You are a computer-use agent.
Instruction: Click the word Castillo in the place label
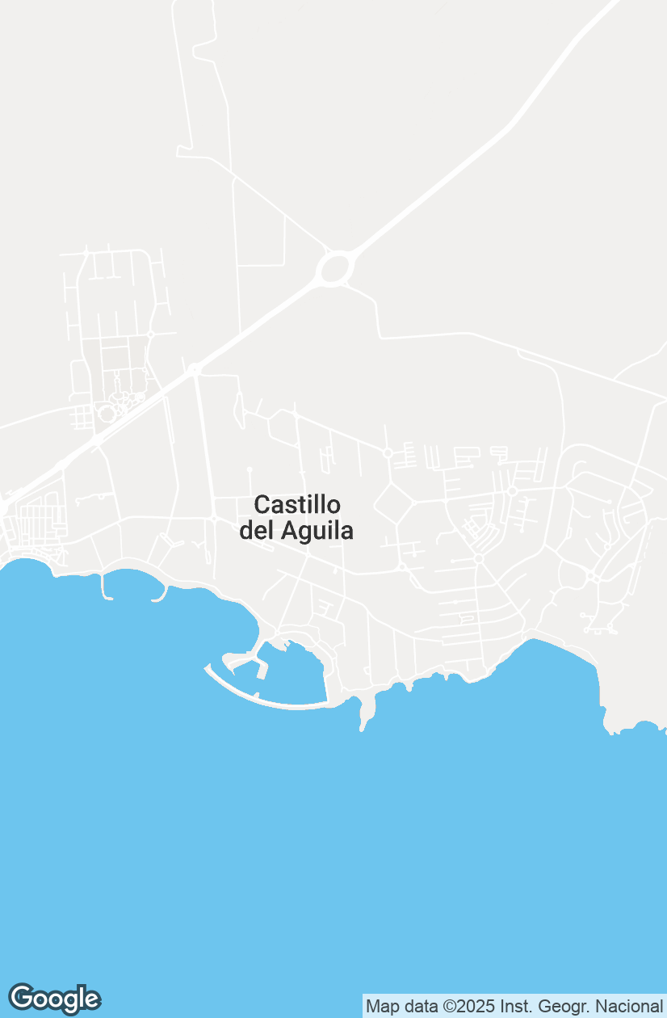[297, 505]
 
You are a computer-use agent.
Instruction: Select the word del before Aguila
[257, 531]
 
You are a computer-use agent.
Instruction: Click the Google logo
[54, 999]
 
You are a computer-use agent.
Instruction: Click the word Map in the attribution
[381, 1007]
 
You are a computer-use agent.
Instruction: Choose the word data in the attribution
[418, 1007]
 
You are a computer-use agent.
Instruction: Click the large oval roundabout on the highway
[334, 268]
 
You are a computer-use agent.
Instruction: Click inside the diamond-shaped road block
[393, 503]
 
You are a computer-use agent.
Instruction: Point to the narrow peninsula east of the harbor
[368, 711]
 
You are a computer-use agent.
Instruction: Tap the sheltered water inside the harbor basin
[295, 675]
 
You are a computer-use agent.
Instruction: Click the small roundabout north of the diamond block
[388, 453]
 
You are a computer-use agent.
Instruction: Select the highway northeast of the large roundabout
[452, 174]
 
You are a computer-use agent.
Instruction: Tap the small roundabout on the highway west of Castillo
[194, 370]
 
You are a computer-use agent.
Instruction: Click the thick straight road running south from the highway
[205, 444]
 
